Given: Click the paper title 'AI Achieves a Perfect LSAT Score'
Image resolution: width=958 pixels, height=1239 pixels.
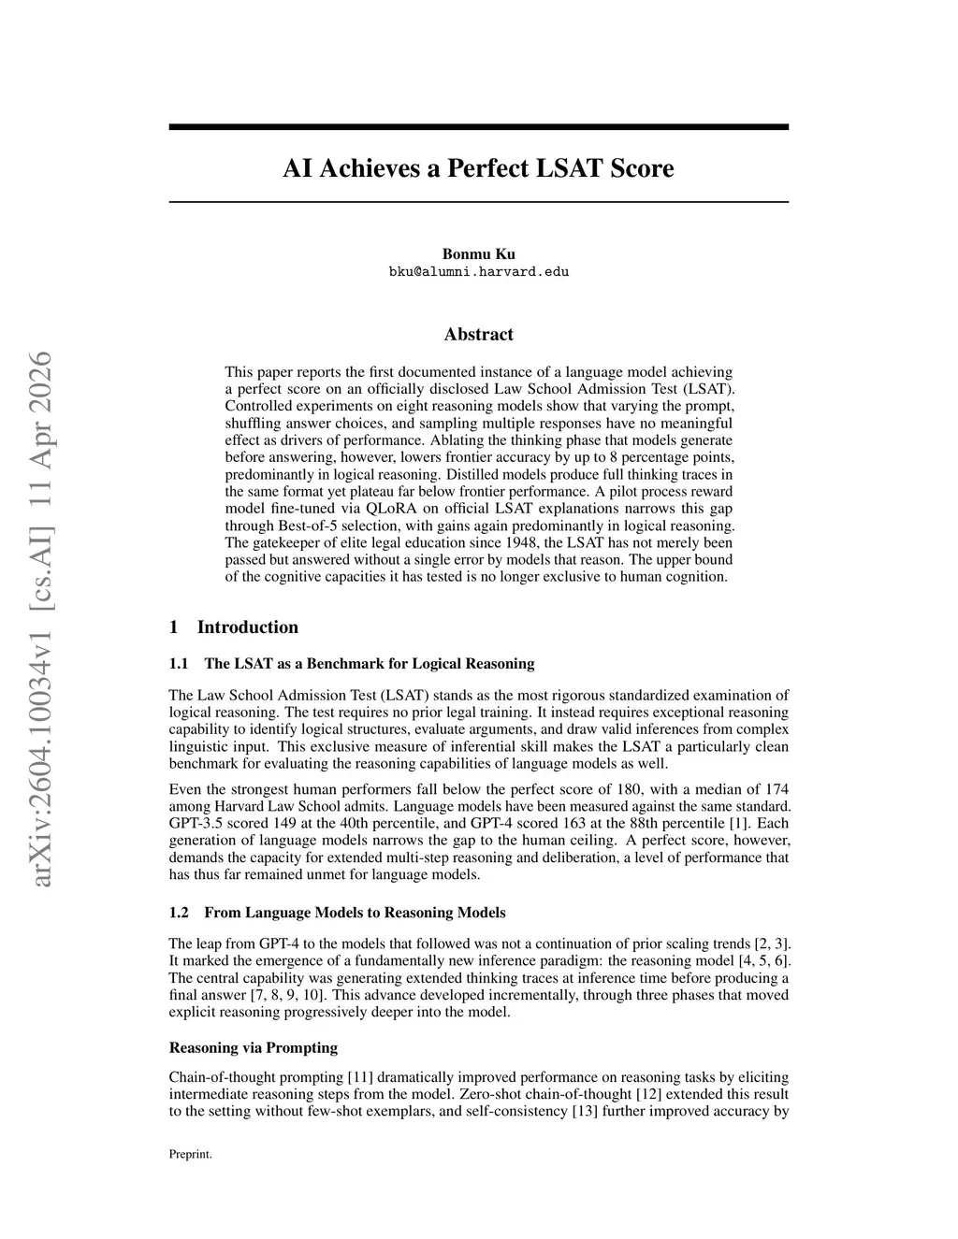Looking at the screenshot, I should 478,169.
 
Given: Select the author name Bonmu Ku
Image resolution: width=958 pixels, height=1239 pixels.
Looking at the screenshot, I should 478,254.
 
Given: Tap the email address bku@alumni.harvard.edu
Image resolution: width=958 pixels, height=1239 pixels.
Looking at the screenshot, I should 478,272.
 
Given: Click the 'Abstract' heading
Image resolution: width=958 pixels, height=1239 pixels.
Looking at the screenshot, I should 478,335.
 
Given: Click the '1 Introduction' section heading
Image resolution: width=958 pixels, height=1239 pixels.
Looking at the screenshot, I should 234,627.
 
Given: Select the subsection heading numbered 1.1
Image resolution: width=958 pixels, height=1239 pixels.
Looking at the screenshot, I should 352,664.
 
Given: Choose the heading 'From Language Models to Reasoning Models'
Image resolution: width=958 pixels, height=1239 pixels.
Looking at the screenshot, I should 355,913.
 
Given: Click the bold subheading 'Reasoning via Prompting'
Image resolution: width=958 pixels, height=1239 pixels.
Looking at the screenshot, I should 254,1047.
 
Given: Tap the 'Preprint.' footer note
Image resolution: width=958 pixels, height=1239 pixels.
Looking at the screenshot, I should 190,1155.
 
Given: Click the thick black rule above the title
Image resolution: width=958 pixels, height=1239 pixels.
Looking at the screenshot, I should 478,126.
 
